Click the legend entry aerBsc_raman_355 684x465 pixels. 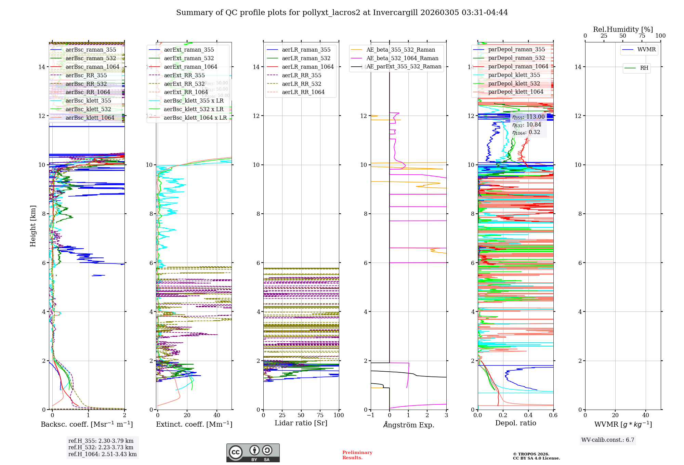91,50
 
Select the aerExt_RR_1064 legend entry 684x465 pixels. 186,92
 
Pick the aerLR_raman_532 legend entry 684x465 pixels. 306,58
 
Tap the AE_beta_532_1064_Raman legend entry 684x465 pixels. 402,58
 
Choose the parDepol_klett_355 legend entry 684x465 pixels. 514,75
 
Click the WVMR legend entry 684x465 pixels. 646,50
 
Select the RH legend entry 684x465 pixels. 644,68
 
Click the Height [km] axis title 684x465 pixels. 33,226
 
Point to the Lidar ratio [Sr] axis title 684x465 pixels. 301,423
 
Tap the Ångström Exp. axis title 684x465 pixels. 408,425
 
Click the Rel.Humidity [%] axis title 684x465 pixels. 623,29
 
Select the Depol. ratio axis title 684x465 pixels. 515,423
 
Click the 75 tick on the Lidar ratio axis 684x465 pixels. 320,415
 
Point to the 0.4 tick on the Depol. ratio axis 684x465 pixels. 528,415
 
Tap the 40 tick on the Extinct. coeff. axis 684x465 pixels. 217,415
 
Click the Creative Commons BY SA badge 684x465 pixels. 253,453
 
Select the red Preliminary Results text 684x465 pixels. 357,455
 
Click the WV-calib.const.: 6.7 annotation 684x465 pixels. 608,440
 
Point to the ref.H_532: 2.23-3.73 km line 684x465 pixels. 101,448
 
